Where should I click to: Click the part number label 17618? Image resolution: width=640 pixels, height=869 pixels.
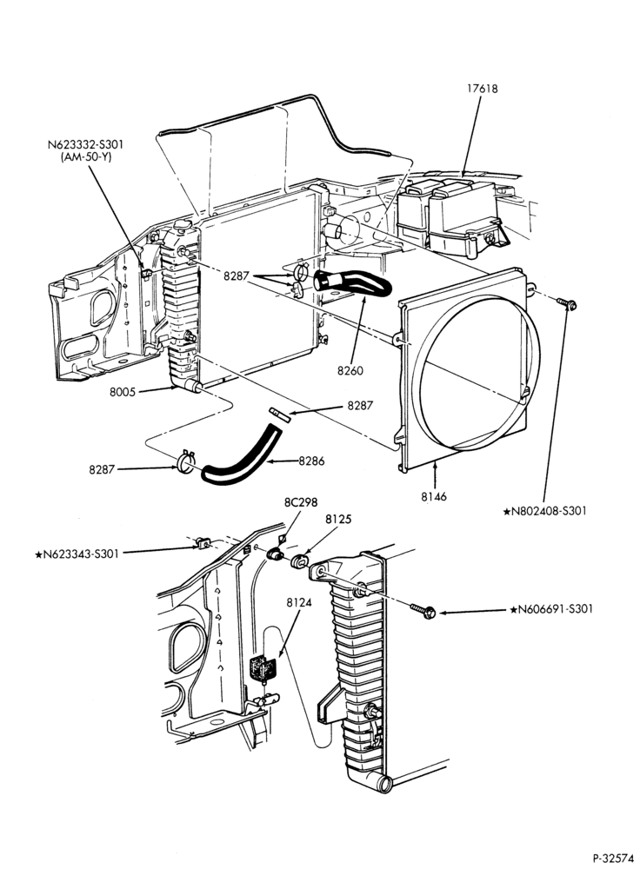pos(482,89)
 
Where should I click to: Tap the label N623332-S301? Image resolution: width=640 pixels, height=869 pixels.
pos(85,144)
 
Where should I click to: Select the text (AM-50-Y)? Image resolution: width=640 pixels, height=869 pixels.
pos(86,156)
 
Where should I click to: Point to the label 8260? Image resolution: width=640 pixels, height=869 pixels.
pos(350,370)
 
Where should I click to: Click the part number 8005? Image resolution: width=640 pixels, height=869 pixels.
pos(123,393)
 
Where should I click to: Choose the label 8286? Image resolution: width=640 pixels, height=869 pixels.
pos(311,461)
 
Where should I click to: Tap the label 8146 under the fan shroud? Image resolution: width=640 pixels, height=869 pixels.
pos(433,496)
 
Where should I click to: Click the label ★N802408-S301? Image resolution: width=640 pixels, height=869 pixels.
pos(544,511)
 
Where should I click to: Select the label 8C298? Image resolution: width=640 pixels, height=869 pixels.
pos(301,502)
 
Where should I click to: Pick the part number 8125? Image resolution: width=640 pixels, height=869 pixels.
pos(338,520)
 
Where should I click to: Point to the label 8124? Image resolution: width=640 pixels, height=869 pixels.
pos(299,601)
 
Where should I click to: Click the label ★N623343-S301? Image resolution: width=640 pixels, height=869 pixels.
pos(77,553)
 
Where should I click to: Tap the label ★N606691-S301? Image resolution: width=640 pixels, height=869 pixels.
pos(551,609)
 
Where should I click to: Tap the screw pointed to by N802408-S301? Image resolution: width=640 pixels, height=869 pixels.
pos(566,303)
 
